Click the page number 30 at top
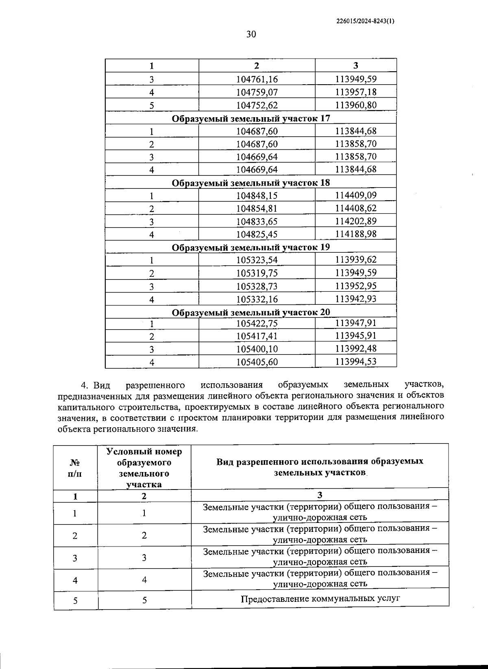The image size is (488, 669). click(x=251, y=34)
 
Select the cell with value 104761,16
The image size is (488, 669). click(x=257, y=79)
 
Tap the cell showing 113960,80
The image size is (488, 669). click(x=356, y=105)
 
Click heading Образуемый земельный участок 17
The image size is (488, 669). click(x=251, y=118)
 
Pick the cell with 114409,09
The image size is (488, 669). click(x=356, y=195)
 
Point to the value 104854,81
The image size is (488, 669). click(x=257, y=209)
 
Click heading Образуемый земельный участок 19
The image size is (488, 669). click(x=251, y=247)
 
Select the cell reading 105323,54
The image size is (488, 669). click(x=257, y=260)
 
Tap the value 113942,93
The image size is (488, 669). click(x=356, y=299)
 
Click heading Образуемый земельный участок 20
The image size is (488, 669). click(x=251, y=312)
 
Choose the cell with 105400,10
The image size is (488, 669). click(x=257, y=349)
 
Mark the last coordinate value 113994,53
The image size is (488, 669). click(x=356, y=361)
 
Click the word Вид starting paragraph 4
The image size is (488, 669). click(x=102, y=385)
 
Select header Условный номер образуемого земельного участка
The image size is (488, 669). click(x=144, y=468)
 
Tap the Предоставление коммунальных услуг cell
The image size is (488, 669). click(x=320, y=599)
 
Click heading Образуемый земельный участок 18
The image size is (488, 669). click(x=251, y=183)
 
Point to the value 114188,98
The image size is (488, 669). click(x=356, y=234)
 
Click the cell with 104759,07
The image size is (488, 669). click(x=257, y=92)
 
